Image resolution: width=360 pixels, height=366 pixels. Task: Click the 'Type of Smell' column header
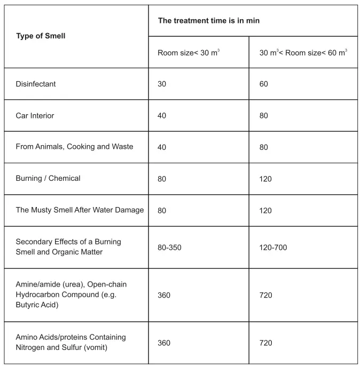point(41,36)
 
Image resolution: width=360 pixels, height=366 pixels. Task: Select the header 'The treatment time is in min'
point(208,20)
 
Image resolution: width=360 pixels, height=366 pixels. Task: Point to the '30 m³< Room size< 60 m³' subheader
point(303,52)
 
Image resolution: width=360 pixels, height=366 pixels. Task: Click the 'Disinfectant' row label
point(36,84)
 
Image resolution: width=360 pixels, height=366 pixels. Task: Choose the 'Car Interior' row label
point(35,115)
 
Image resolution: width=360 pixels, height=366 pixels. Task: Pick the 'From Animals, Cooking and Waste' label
point(74,147)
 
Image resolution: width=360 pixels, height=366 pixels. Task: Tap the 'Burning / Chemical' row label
point(48,178)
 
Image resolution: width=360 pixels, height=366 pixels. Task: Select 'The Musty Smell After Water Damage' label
point(80,210)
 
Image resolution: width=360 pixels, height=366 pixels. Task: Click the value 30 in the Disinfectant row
point(162,84)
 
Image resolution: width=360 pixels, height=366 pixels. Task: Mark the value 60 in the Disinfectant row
point(264,84)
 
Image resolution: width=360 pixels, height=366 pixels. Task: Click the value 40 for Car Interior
point(162,115)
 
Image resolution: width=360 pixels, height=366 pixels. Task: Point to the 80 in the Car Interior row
point(264,115)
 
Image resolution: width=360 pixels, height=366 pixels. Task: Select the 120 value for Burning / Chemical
point(265,179)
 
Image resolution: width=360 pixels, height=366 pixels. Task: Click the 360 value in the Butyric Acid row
point(164,295)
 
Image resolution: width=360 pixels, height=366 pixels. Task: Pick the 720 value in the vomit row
point(265,343)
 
